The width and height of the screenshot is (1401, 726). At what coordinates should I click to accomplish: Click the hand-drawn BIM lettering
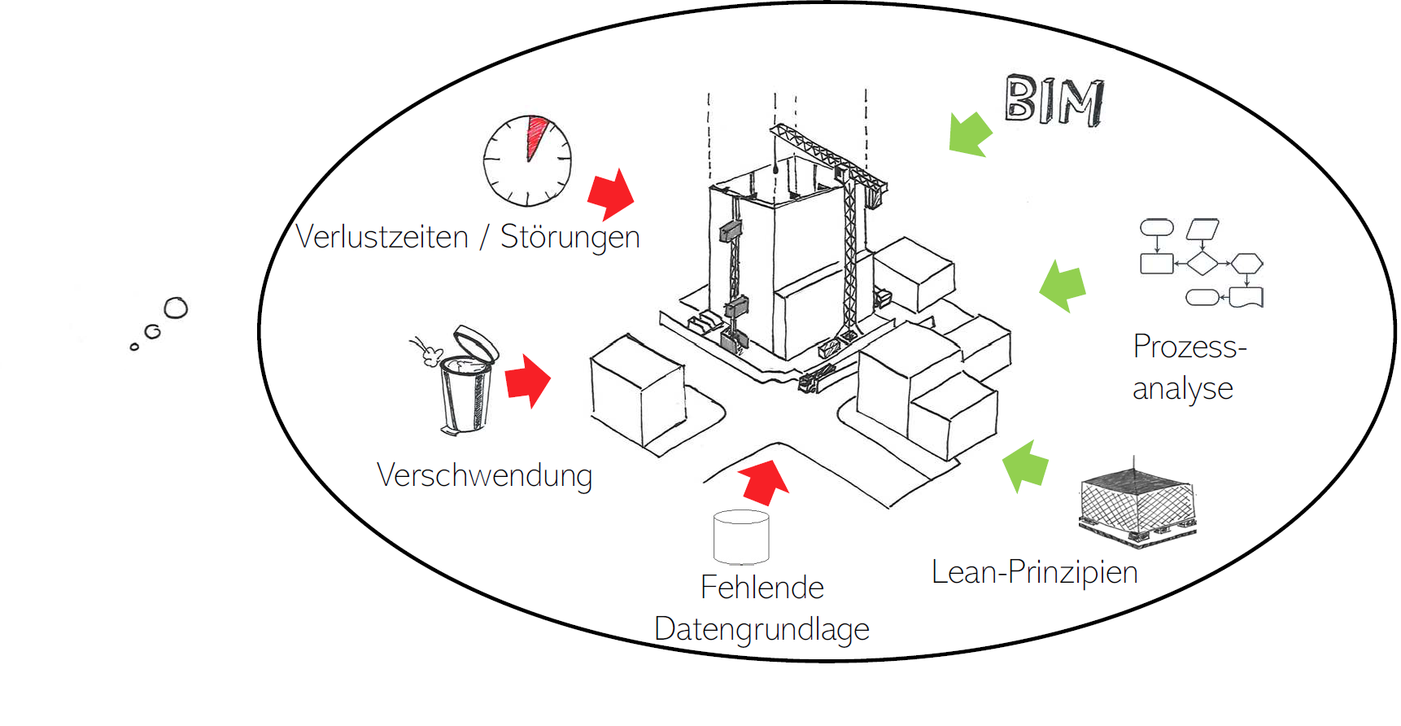[1054, 101]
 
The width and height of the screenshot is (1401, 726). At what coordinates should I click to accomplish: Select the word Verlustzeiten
[382, 237]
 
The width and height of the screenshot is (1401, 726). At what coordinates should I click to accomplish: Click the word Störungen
[570, 237]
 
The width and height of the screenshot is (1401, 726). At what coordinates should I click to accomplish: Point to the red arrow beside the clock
[611, 195]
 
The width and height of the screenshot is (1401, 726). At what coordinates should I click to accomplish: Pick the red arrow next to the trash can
[528, 380]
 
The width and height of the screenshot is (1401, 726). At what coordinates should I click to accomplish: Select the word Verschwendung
[484, 476]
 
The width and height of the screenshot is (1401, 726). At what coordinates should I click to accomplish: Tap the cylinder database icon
[741, 537]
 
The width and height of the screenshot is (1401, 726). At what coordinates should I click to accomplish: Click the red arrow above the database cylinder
[763, 482]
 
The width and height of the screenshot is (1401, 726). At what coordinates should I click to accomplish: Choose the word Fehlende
[762, 588]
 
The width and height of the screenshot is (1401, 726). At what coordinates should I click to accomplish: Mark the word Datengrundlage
[762, 630]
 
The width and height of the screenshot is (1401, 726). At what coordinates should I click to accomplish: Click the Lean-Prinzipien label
[1034, 572]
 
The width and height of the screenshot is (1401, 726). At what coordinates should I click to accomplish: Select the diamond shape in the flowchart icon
[1202, 264]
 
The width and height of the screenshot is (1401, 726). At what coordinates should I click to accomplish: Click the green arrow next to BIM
[970, 133]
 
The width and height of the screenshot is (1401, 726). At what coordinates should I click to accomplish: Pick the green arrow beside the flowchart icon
[1063, 286]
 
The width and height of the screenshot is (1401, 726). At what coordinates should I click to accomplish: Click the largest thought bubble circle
[176, 308]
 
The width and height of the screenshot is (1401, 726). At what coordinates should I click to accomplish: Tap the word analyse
[1182, 389]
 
